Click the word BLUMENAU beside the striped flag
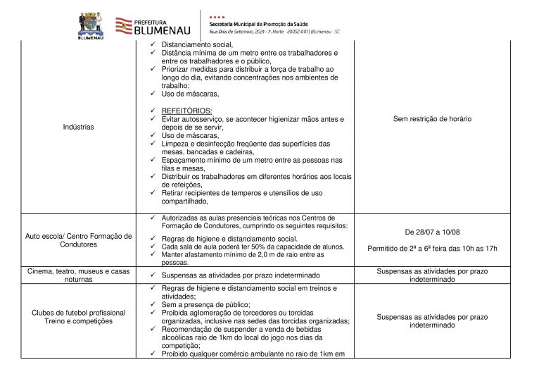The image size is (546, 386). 161,30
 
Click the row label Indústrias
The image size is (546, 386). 78,127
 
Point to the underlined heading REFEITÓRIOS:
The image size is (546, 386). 186,111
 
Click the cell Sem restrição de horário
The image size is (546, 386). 432,119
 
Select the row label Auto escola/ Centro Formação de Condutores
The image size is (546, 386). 78,240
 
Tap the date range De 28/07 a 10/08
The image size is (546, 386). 432,232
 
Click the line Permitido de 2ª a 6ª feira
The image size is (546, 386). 432,248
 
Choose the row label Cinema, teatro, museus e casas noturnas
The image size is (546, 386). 78,275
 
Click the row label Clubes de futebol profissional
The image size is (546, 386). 78,313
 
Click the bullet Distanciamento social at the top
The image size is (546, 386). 197,44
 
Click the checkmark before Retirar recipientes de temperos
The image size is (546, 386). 153,192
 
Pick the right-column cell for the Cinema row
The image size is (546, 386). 432,275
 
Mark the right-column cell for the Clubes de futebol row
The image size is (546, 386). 432,321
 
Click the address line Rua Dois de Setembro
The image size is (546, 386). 274,32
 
